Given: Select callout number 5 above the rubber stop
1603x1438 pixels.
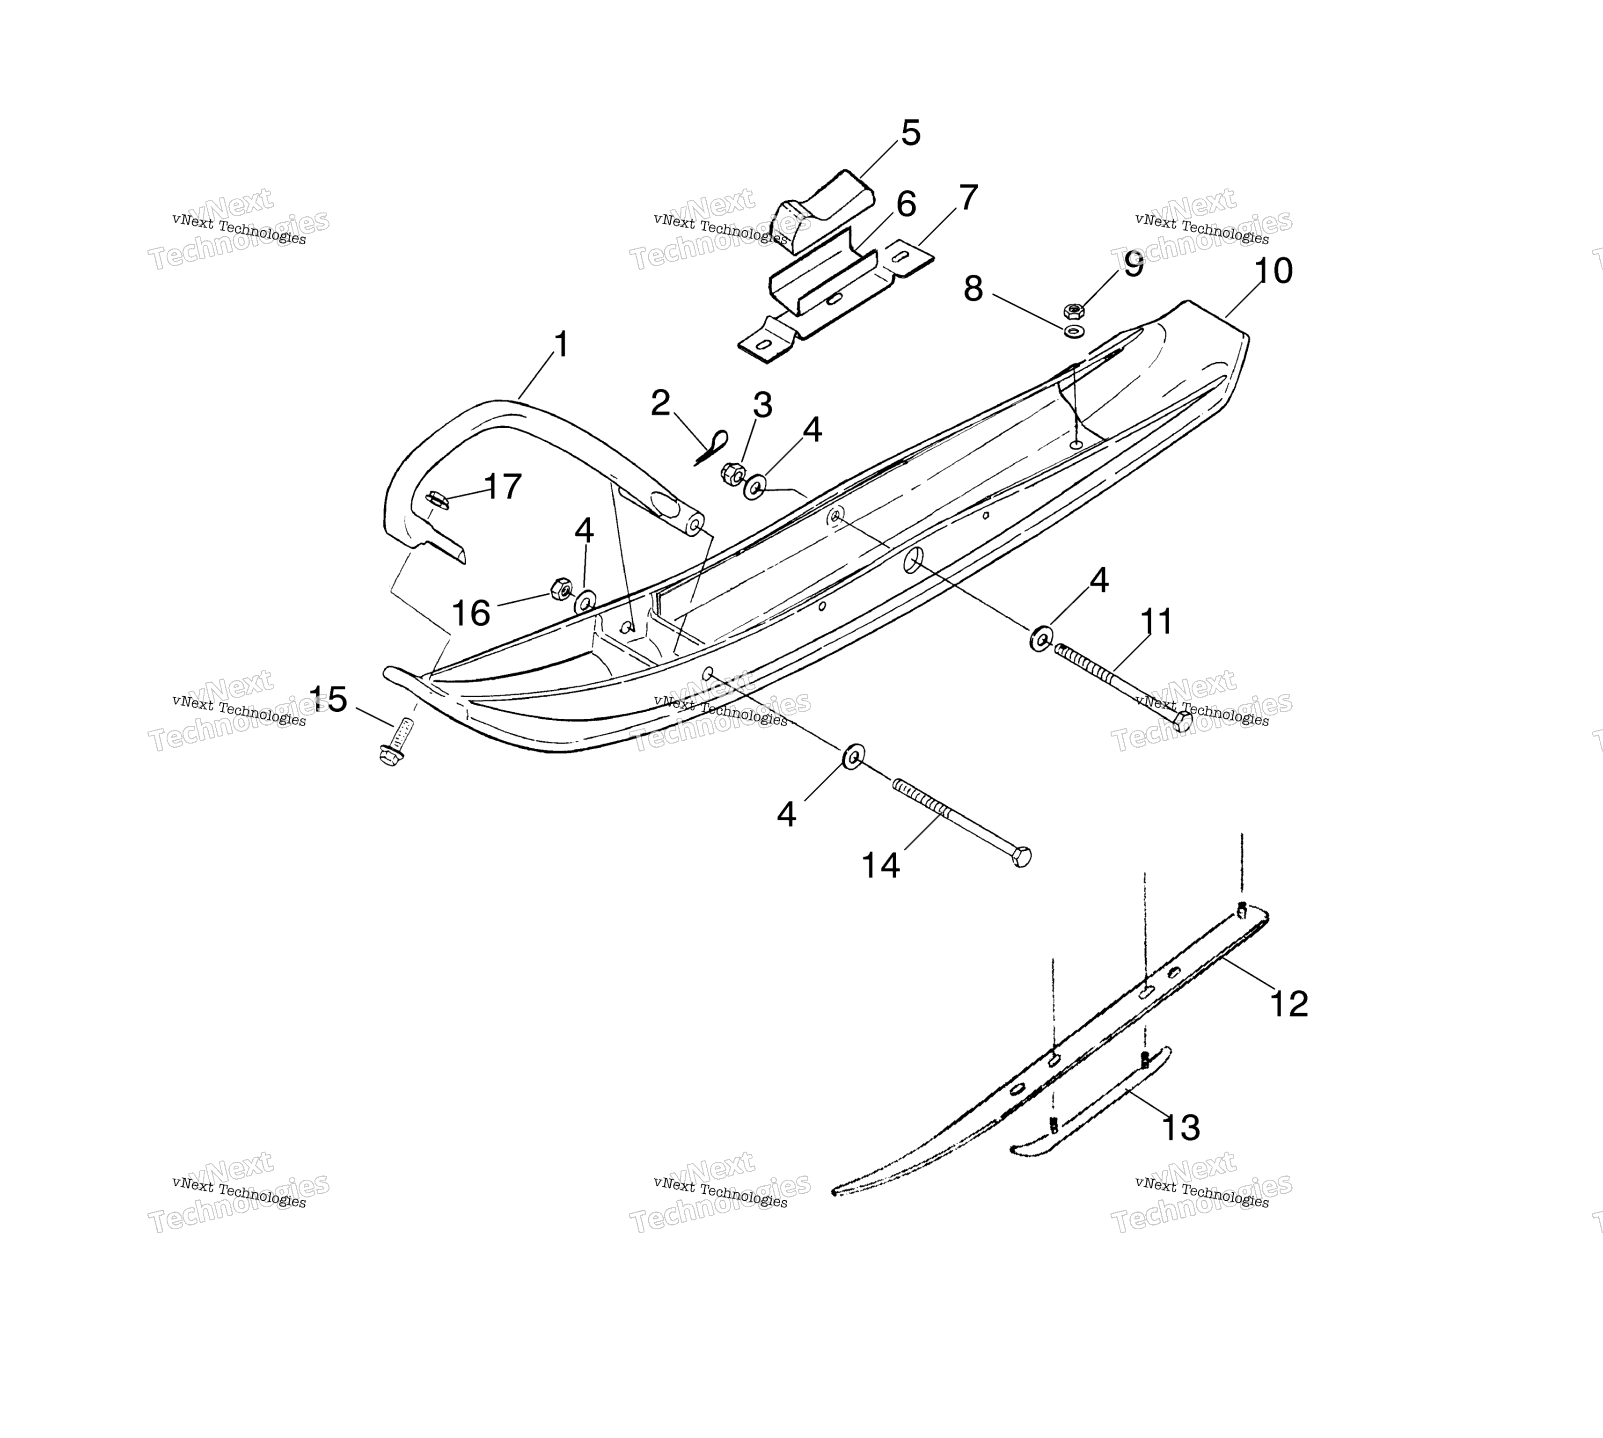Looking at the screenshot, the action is click(911, 133).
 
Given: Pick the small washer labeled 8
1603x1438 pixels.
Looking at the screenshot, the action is click(1074, 330).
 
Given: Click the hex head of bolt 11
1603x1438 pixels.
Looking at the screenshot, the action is click(1182, 721).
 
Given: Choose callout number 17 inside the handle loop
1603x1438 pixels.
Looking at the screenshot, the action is click(503, 487).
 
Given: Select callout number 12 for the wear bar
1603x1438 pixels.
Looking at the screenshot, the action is click(1288, 1003).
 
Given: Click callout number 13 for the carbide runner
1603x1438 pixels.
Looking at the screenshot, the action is click(1180, 1127).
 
